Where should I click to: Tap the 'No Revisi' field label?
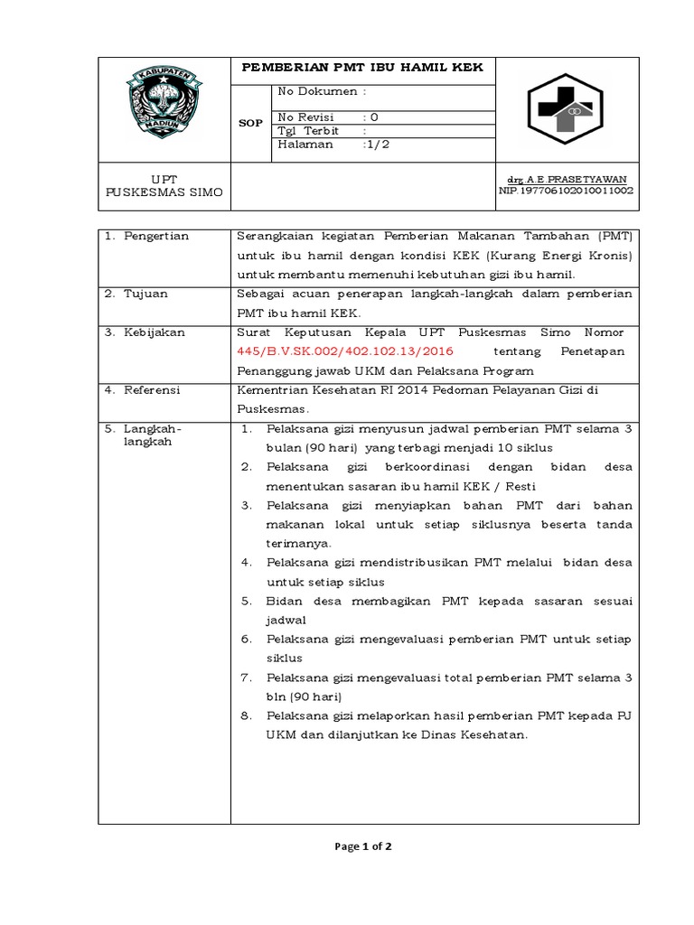(x=305, y=117)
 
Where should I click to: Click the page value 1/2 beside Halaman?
(x=377, y=144)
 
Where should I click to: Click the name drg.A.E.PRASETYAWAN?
(x=567, y=180)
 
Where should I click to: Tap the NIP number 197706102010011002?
(x=567, y=191)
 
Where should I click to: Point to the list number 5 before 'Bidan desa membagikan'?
(x=245, y=601)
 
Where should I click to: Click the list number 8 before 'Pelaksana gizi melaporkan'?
(x=245, y=715)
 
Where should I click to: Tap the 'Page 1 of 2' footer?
(x=362, y=846)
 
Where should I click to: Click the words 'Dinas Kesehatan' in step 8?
(x=474, y=735)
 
